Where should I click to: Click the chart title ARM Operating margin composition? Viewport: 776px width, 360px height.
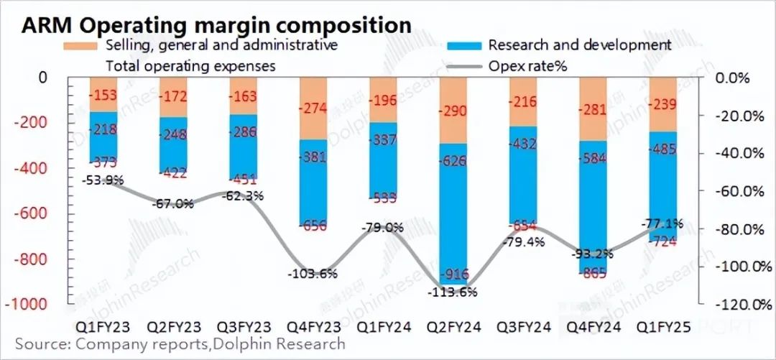click(216, 25)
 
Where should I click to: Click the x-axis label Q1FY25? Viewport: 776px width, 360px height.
click(662, 327)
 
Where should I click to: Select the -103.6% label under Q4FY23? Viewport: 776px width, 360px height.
click(313, 274)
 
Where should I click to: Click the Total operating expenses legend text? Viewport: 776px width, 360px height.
click(191, 66)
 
